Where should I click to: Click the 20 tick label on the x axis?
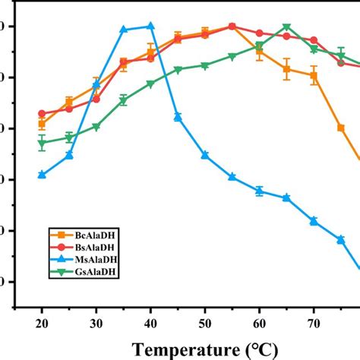(x=42, y=322)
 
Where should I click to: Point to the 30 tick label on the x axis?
(x=96, y=322)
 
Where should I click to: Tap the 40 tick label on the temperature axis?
(x=150, y=322)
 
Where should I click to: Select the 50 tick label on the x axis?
(x=205, y=322)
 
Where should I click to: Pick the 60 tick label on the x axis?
(x=259, y=322)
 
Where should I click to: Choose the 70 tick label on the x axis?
(x=314, y=322)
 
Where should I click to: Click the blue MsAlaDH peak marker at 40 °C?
(x=150, y=26)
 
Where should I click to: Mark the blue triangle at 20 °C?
(x=42, y=175)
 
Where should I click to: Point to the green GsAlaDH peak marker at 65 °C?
(x=286, y=27)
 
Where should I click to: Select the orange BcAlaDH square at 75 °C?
(x=341, y=128)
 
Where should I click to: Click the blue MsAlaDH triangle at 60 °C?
(x=260, y=191)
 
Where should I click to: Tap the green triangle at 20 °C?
(x=42, y=143)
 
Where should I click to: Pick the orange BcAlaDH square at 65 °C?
(x=286, y=69)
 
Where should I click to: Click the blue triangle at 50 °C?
(x=205, y=155)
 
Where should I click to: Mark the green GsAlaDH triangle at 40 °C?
(x=150, y=84)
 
